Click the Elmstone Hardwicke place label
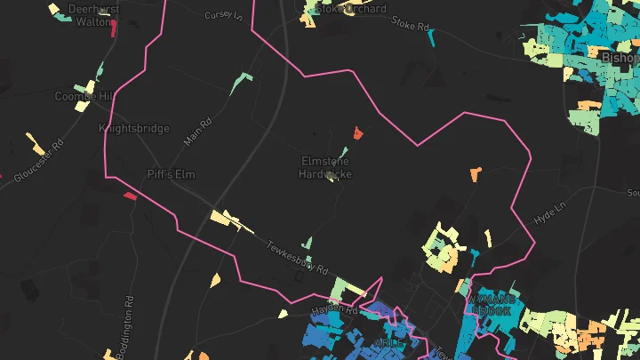pyautogui.click(x=325, y=167)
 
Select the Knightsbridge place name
pyautogui.click(x=133, y=129)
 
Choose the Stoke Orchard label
pyautogui.click(x=352, y=9)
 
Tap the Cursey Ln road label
pyautogui.click(x=222, y=15)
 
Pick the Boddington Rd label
pyautogui.click(x=131, y=324)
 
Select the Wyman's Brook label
pyautogui.click(x=490, y=305)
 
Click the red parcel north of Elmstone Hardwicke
pyautogui.click(x=358, y=133)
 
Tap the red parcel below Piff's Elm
pyautogui.click(x=130, y=196)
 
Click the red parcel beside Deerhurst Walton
pyautogui.click(x=114, y=28)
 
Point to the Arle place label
pyautogui.click(x=388, y=342)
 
